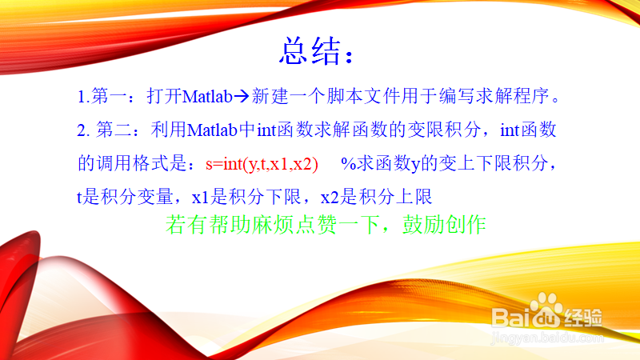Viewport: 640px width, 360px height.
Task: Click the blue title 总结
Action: pos(310,51)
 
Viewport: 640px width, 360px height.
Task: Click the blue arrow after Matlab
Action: pos(242,96)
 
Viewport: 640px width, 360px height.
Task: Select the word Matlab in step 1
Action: pos(207,97)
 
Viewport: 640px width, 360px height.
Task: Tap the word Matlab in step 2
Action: pos(212,130)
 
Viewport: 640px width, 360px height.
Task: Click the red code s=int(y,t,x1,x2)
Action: pos(262,164)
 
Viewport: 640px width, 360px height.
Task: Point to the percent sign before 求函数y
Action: pos(348,164)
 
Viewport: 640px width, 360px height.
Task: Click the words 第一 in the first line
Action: pos(110,96)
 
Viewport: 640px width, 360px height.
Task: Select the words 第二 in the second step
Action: pos(114,130)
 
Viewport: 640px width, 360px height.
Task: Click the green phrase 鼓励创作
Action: pos(444,225)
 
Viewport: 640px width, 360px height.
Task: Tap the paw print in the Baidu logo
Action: pos(546,302)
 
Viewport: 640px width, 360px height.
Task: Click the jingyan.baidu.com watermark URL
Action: pos(547,338)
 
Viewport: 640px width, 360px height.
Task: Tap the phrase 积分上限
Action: pos(395,197)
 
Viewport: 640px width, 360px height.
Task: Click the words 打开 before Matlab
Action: pos(164,96)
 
